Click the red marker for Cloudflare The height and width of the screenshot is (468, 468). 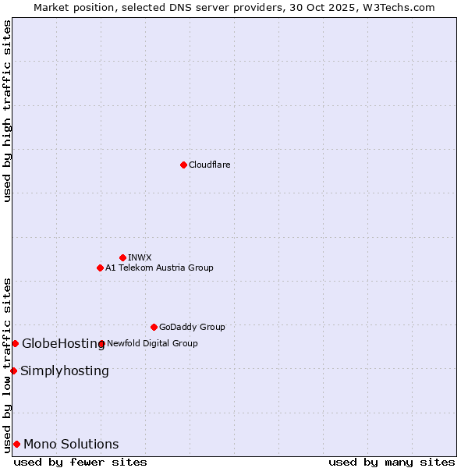(183, 165)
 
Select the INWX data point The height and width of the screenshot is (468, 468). (122, 257)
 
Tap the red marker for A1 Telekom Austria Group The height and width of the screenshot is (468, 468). (100, 268)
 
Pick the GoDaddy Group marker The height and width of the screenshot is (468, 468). (154, 327)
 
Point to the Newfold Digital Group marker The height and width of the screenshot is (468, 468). (102, 343)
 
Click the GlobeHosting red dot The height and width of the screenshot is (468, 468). (15, 343)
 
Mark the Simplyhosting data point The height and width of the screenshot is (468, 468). (13, 370)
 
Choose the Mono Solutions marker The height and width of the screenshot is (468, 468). (16, 444)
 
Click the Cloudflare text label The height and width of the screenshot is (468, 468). (210, 165)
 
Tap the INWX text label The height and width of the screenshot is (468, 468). (140, 257)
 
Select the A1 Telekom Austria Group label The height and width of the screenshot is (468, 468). (159, 268)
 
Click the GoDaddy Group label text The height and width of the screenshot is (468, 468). (192, 327)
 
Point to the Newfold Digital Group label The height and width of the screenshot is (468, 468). (152, 343)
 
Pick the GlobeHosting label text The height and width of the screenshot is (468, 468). (62, 343)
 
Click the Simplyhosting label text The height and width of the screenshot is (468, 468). (65, 370)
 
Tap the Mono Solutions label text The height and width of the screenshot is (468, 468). (71, 444)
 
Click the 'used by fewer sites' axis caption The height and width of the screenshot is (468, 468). (80, 462)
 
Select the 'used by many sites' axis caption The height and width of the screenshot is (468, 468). (392, 462)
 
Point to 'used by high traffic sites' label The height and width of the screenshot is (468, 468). (7, 111)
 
